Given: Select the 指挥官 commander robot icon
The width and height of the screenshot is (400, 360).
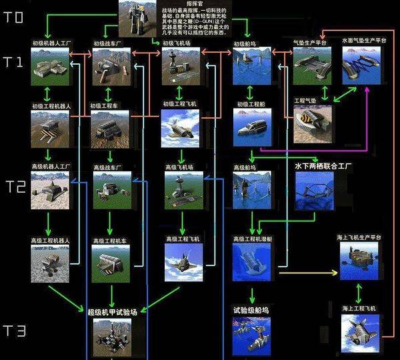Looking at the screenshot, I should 138,19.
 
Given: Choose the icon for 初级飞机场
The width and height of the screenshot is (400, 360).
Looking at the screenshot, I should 181,66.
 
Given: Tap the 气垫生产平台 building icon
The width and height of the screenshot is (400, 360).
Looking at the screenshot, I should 312,66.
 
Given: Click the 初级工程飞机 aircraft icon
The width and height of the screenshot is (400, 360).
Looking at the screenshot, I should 181,128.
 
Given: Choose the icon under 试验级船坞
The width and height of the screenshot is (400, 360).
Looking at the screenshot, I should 251,334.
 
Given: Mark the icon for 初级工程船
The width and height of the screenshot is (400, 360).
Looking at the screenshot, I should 251,128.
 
